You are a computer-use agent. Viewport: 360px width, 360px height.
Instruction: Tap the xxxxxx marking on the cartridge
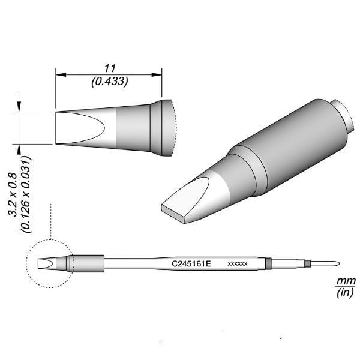pyautogui.click(x=238, y=263)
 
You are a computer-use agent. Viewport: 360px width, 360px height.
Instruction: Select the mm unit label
pyautogui.click(x=345, y=281)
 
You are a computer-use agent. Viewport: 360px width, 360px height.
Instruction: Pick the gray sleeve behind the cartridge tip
pyautogui.click(x=88, y=263)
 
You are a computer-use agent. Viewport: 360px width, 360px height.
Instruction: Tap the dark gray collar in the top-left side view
pyautogui.click(x=157, y=127)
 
